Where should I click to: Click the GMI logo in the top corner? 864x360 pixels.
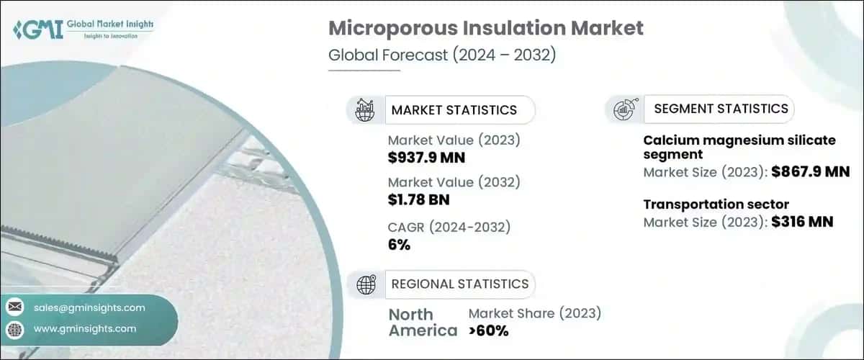pyautogui.click(x=82, y=30)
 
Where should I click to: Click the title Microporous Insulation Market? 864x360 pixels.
pyautogui.click(x=486, y=30)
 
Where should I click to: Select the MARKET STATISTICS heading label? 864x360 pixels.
pyautogui.click(x=454, y=110)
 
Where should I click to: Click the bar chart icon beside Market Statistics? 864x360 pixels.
pyautogui.click(x=366, y=110)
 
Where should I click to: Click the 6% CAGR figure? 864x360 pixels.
pyautogui.click(x=399, y=245)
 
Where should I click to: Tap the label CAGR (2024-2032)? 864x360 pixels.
pyautogui.click(x=449, y=228)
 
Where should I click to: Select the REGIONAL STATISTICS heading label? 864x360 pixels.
pyautogui.click(x=459, y=284)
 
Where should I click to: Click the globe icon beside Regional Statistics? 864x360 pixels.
pyautogui.click(x=366, y=284)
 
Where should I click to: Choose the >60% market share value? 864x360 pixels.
pyautogui.click(x=488, y=330)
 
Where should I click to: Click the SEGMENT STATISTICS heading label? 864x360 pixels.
pyautogui.click(x=721, y=109)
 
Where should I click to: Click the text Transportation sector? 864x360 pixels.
pyautogui.click(x=716, y=204)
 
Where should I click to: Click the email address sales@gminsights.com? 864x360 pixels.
pyautogui.click(x=89, y=307)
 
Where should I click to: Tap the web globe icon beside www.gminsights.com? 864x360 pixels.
pyautogui.click(x=16, y=329)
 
